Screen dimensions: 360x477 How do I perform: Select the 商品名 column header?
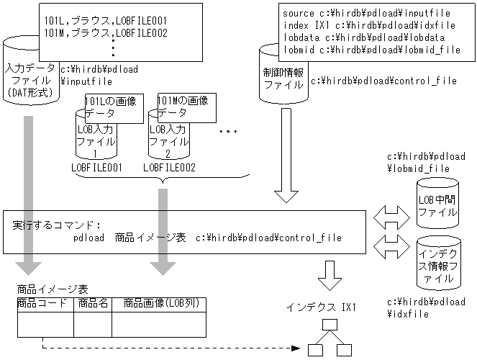click(92, 304)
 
